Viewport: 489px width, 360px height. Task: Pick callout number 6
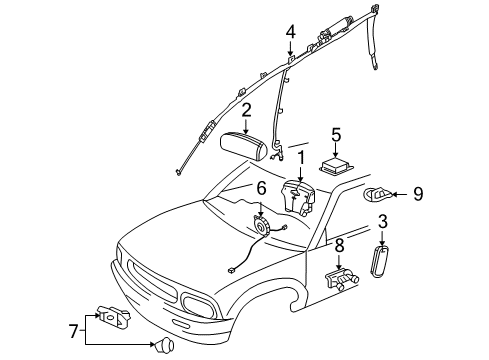click(260, 187)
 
